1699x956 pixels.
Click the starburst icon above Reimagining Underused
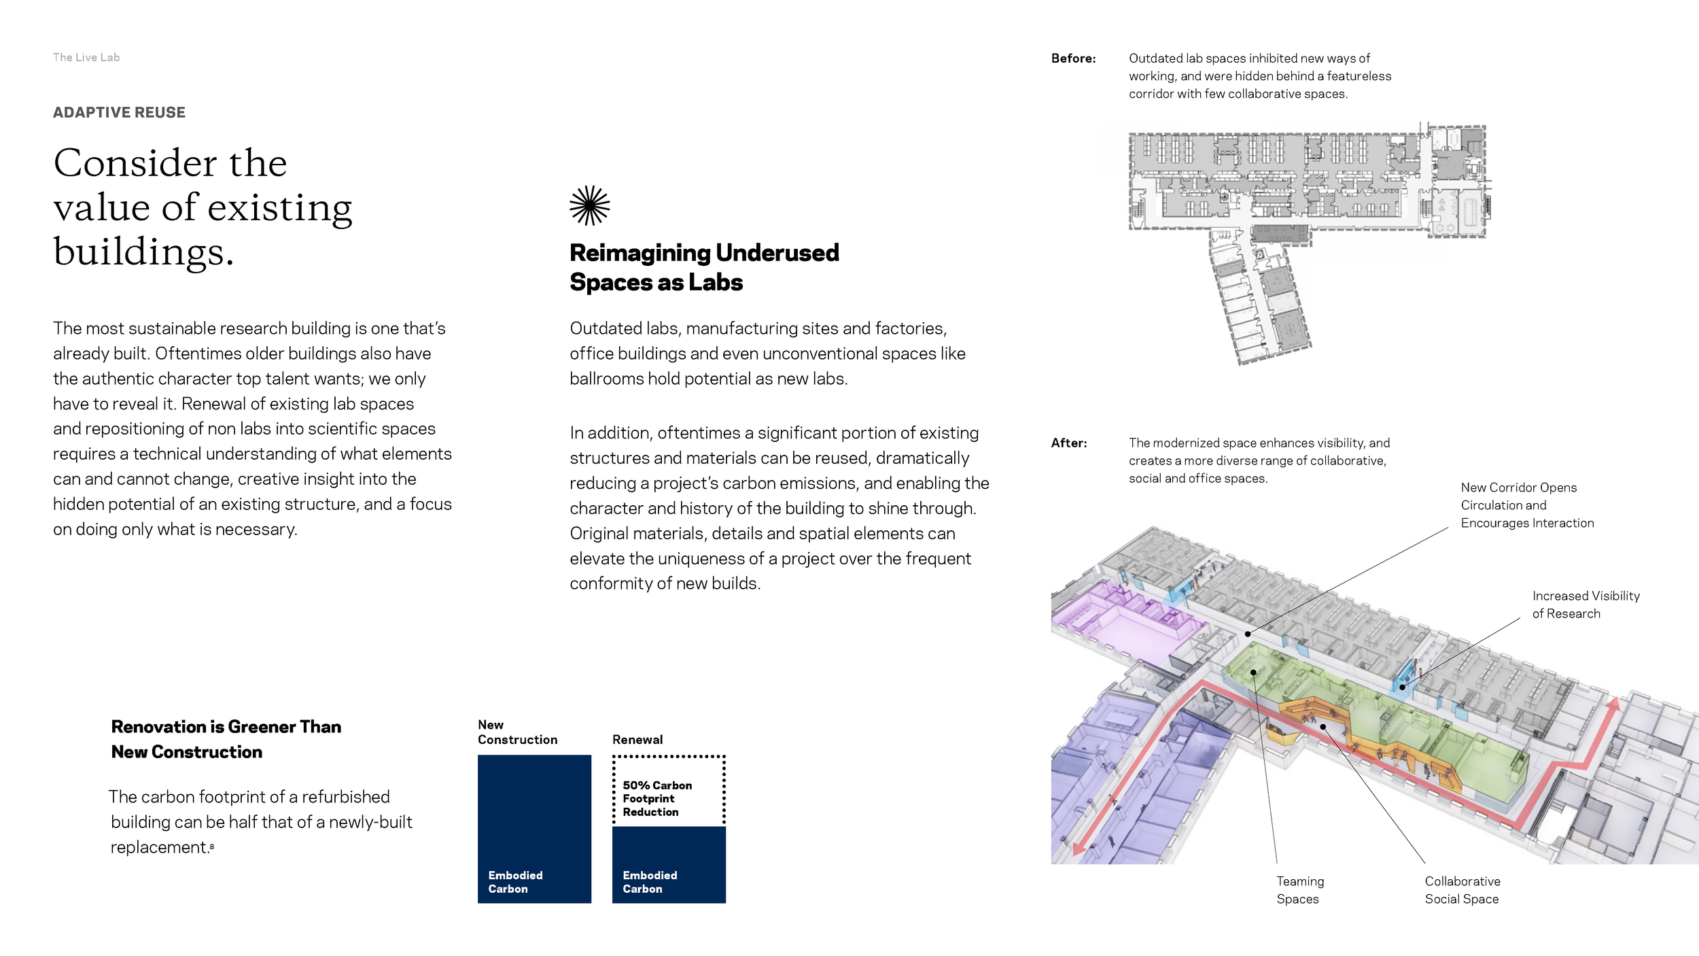589,205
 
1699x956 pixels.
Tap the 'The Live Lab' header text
86,58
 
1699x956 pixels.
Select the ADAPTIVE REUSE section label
119,112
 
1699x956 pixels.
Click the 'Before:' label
1073,58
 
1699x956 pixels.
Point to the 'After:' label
1069,443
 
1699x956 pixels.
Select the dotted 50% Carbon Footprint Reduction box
669,791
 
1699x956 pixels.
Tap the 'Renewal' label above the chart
637,740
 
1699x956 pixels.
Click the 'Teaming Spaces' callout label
1300,890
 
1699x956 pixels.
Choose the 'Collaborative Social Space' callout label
1462,890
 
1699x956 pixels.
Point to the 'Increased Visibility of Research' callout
1586,604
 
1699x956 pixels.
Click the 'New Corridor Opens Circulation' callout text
1526,505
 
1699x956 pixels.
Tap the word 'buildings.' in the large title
143,252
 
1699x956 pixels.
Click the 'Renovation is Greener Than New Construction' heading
226,739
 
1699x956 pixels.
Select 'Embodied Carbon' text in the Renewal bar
650,882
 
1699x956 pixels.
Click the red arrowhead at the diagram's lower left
1079,849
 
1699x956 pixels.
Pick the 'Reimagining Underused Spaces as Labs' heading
704,267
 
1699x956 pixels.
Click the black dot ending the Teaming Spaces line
1253,672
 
